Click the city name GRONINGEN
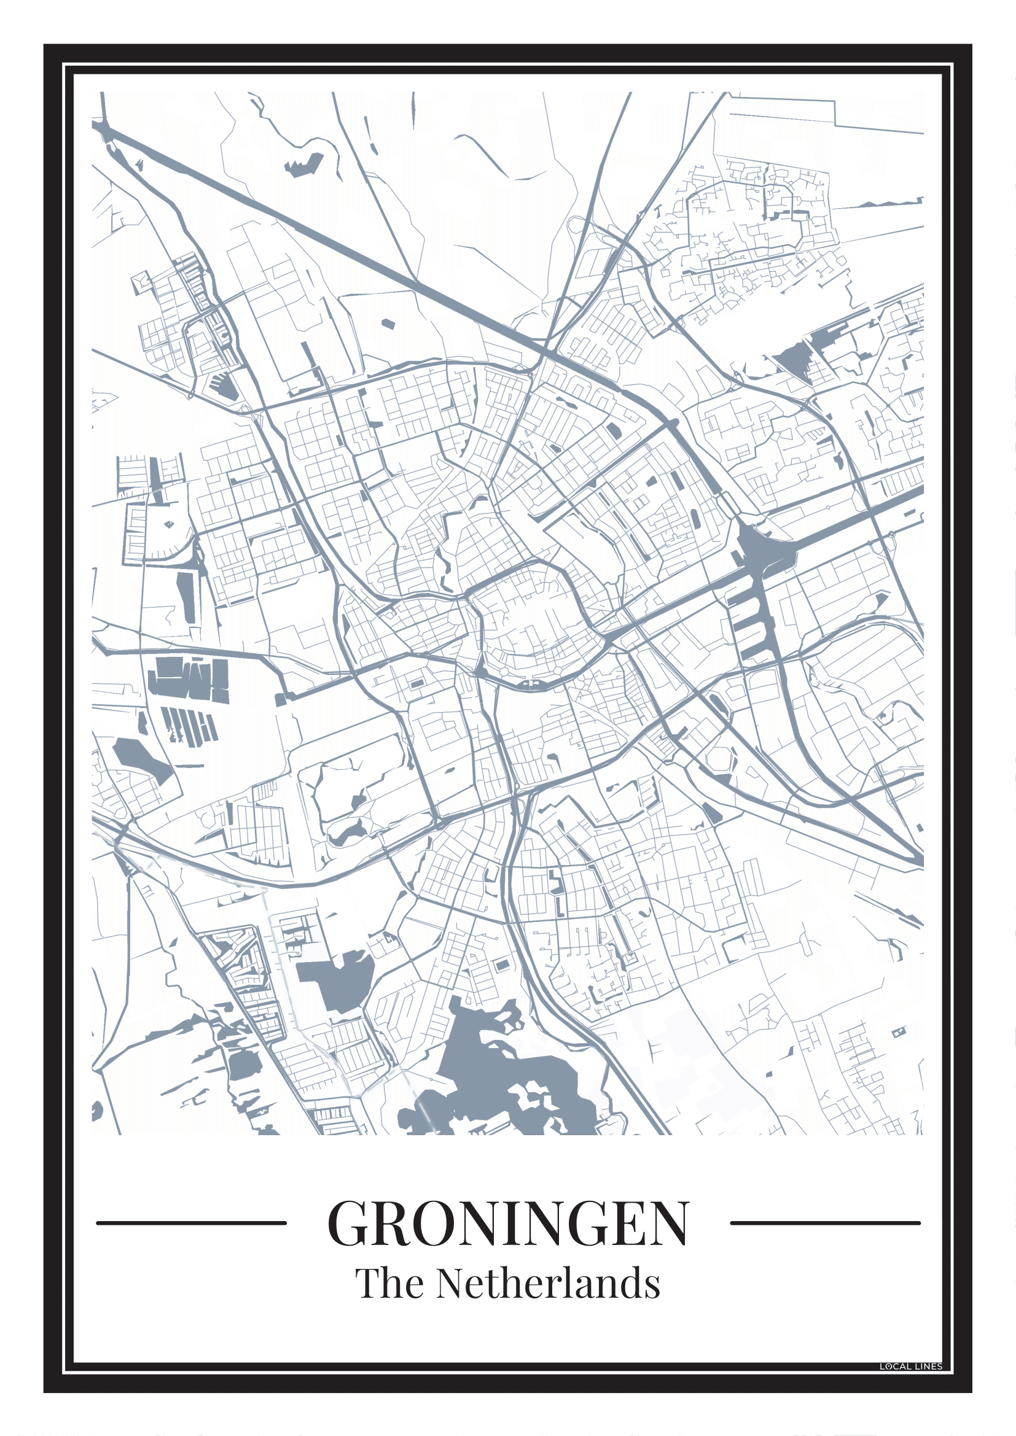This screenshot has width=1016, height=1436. pos(508,1223)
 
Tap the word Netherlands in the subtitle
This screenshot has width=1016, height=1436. pos(548,1284)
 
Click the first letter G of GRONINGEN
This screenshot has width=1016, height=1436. pos(351,1224)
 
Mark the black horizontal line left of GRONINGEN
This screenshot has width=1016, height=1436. pos(191,1223)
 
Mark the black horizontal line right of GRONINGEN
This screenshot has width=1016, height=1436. pos(825,1223)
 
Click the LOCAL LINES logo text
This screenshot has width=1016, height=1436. pos(910,1367)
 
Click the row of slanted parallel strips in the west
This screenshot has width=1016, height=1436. pos(188,726)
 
